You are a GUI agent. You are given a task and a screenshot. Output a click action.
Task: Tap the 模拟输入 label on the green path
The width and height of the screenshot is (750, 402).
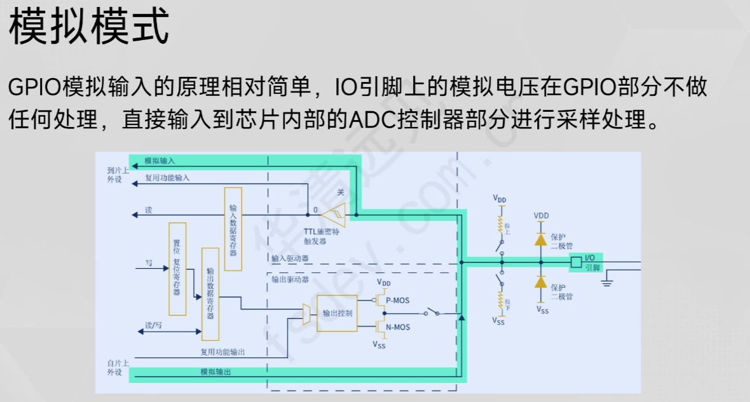[x=160, y=161]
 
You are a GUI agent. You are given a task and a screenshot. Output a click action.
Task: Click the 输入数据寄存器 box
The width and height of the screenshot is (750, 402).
[x=233, y=229]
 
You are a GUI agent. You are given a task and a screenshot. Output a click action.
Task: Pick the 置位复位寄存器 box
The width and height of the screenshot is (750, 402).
[x=177, y=269]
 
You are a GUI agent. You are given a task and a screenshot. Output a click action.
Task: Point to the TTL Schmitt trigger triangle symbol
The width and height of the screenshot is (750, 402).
[x=333, y=215]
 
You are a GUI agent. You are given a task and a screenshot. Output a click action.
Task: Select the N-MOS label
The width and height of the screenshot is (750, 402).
[x=398, y=327]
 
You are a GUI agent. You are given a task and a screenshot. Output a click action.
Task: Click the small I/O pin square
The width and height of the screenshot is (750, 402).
[x=576, y=262]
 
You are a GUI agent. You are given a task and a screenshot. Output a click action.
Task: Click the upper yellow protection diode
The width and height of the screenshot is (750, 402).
[x=541, y=239]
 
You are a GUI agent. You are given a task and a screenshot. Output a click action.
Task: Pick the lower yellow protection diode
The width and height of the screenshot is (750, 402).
[x=541, y=281]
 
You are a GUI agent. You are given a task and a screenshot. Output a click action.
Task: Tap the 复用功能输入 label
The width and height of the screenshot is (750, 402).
[x=167, y=178]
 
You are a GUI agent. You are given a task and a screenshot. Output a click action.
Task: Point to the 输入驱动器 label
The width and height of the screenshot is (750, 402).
[x=290, y=258]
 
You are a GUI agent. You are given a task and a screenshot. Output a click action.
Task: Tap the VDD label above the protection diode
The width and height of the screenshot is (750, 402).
[x=541, y=216]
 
